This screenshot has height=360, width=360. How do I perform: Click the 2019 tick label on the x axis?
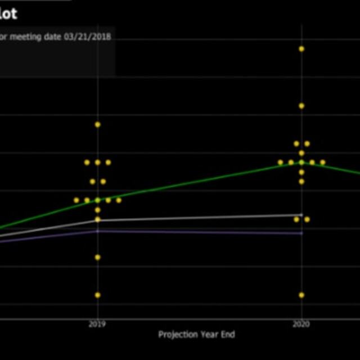coord(97,325)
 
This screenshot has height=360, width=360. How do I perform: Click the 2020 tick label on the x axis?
coord(301,325)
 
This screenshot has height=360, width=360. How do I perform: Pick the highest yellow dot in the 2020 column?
coord(301,49)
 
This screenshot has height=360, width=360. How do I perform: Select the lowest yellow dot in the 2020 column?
coord(301,295)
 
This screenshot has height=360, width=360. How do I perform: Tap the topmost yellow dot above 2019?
coord(97,124)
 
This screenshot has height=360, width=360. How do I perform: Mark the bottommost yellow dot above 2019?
coord(97,295)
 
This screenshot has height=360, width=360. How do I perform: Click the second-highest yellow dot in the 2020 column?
coord(301,106)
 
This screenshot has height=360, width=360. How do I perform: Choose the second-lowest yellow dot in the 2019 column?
coord(97,257)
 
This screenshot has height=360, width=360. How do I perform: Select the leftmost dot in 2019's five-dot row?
coord(76,200)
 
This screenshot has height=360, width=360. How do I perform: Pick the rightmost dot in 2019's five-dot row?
coord(119,200)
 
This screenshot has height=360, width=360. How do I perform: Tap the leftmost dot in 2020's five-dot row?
coord(281,162)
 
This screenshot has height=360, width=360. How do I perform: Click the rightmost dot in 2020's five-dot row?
coord(323,162)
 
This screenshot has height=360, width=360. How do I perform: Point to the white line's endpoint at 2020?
coord(301,215)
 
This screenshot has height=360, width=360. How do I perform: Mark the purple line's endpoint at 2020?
coord(301,232)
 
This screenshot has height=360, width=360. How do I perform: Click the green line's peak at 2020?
coord(301,162)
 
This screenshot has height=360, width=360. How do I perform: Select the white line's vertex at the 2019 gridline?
coord(97,220)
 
